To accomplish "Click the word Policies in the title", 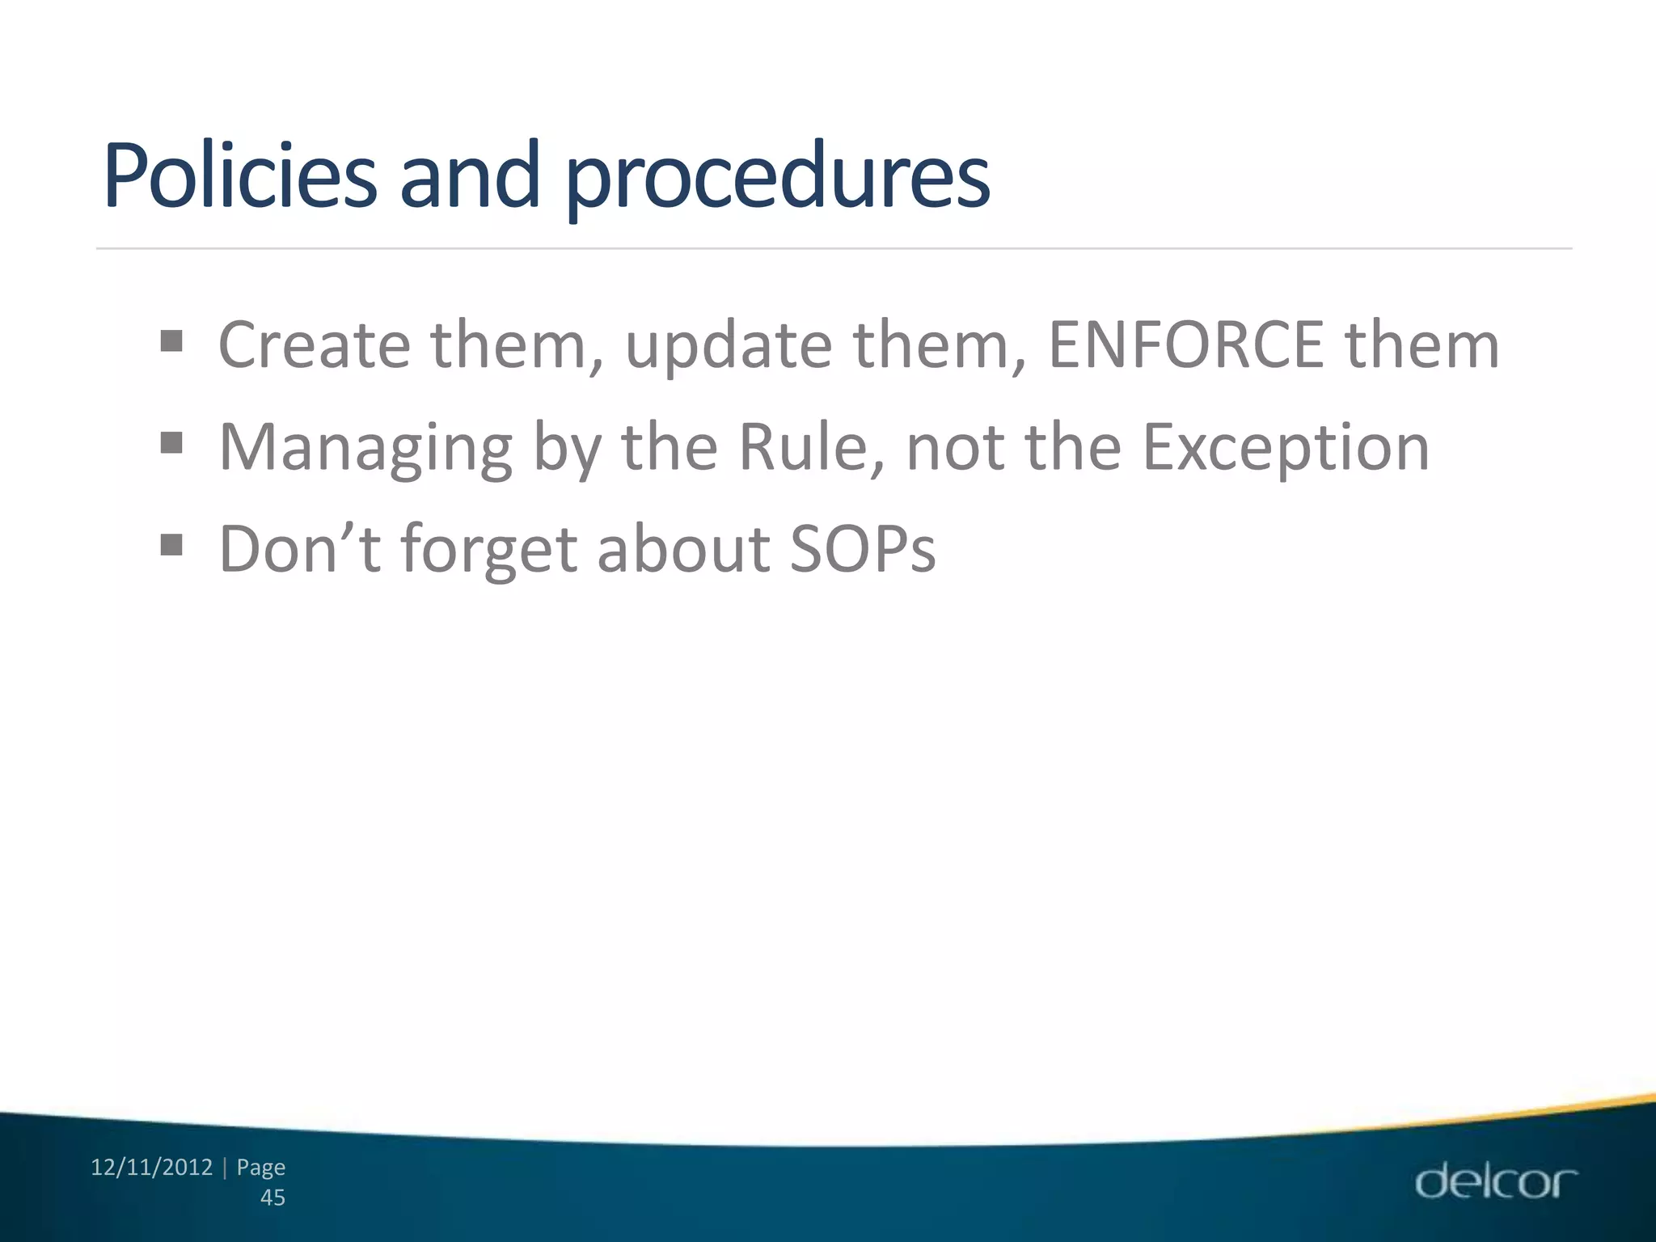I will [239, 175].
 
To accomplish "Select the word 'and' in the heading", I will [470, 175].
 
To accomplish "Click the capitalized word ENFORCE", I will [1185, 345].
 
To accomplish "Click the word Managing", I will [365, 449].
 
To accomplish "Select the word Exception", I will [1286, 449].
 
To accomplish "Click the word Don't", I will [299, 549].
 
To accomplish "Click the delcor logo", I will [1495, 1181].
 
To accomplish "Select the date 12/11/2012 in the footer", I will [151, 1168].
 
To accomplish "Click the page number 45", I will [272, 1198].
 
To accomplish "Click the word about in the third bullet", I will [682, 549].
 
